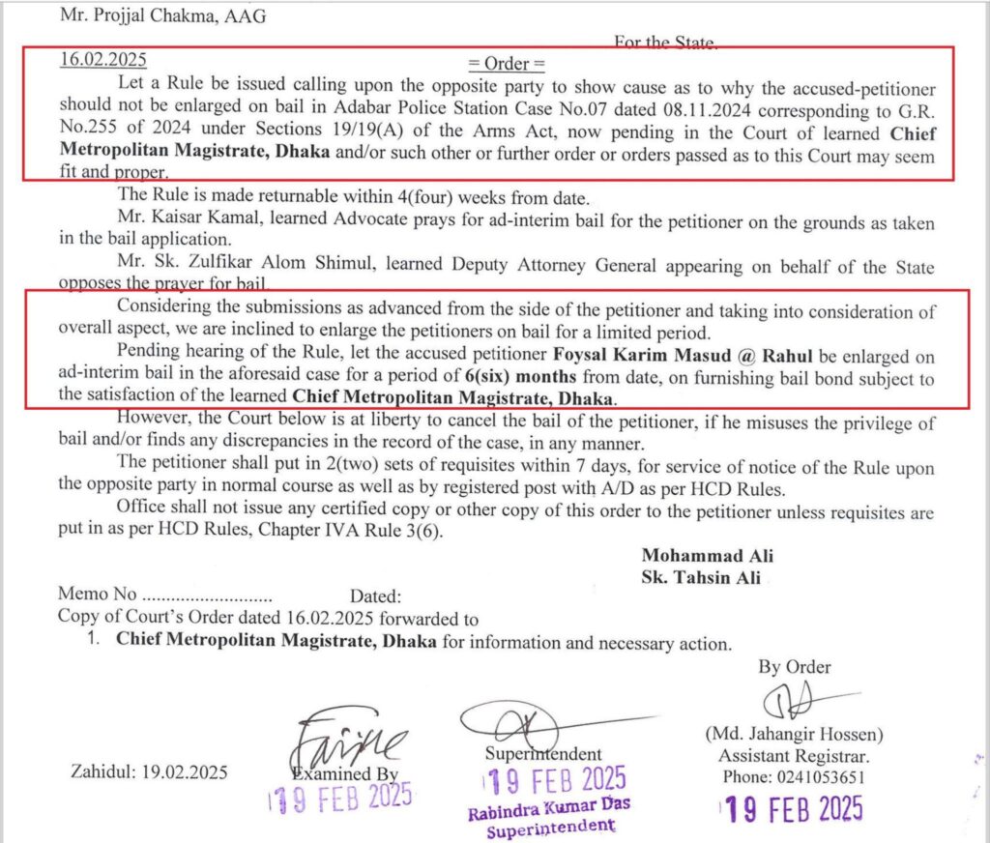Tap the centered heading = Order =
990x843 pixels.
[x=507, y=65]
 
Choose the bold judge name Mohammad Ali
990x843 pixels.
[x=707, y=556]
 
